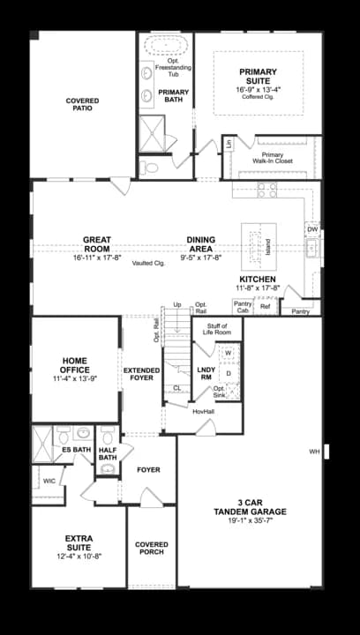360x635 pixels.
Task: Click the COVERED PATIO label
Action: coord(82,104)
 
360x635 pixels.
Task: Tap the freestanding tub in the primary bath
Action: coord(166,46)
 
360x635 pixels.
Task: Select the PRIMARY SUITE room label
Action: coord(258,76)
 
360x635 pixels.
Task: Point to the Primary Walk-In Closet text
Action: coord(272,159)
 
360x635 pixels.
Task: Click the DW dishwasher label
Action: coord(312,229)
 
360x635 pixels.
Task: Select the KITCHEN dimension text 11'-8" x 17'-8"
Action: coord(258,288)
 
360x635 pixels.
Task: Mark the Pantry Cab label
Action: coord(243,307)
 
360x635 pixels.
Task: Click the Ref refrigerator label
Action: coord(265,307)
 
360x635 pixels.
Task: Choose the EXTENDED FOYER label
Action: coord(141,374)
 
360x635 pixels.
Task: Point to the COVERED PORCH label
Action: coord(152,549)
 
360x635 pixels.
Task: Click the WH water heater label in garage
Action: coord(313,452)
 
